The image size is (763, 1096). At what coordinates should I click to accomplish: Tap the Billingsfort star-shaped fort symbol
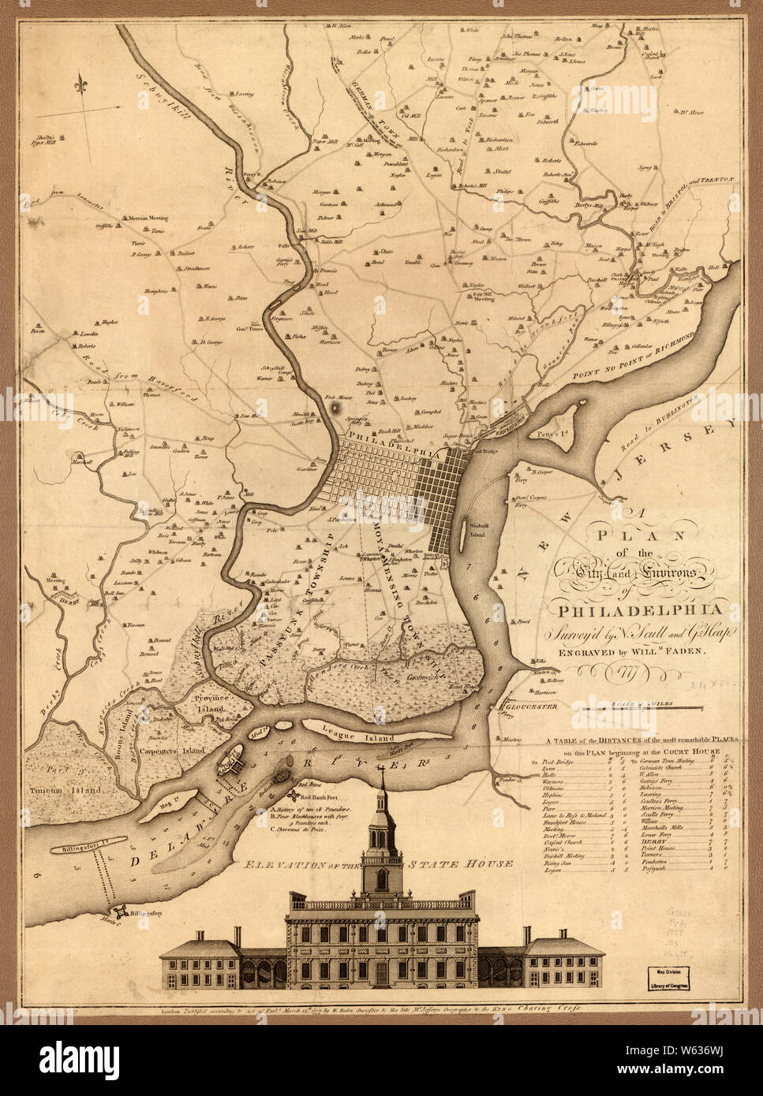pyautogui.click(x=120, y=911)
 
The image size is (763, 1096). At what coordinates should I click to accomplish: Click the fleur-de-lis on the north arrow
pyautogui.click(x=81, y=83)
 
